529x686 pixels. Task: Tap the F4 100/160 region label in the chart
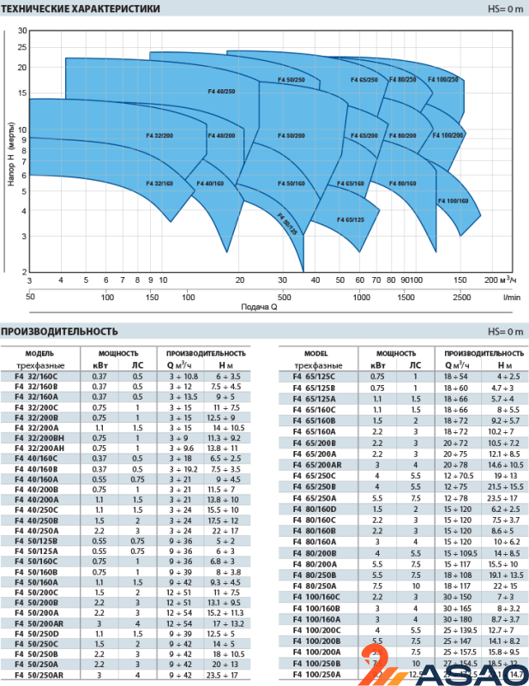[454, 201]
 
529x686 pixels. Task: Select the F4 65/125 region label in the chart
[351, 220]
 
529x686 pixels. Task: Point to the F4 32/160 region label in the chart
[159, 184]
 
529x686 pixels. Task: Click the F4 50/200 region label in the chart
[292, 135]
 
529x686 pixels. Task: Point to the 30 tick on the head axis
[22, 31]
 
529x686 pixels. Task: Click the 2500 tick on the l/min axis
[462, 297]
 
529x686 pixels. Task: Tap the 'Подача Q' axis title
[259, 306]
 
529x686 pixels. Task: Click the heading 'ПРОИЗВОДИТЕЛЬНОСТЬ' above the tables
[59, 332]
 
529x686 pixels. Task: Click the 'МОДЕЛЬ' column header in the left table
[39, 353]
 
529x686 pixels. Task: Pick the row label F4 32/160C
[37, 376]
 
